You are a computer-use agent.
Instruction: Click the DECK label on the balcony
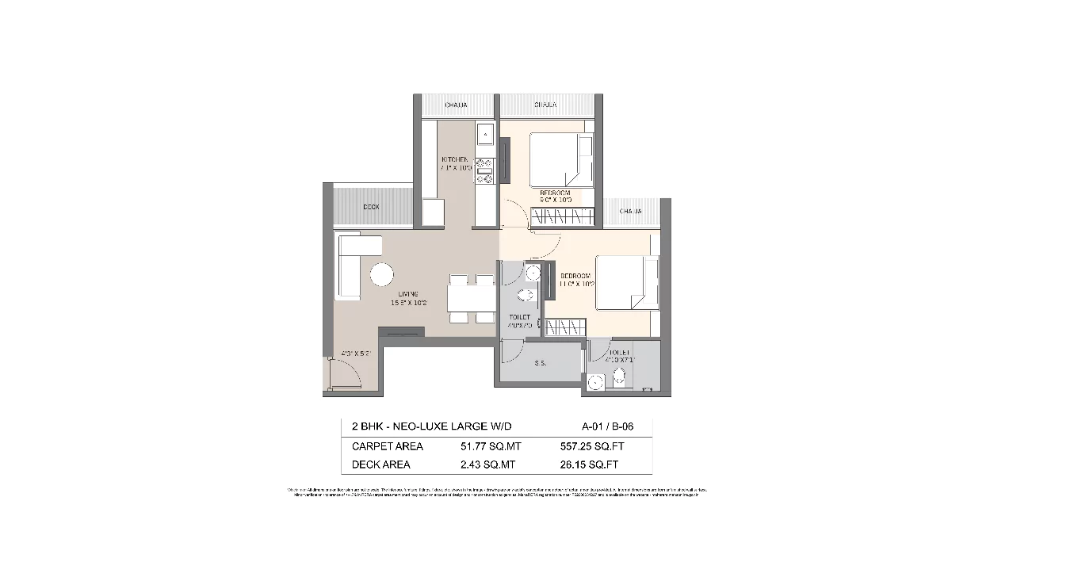371,207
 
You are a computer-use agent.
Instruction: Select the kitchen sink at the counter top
485,136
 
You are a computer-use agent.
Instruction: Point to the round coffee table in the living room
381,275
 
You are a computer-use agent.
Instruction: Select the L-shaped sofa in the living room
349,262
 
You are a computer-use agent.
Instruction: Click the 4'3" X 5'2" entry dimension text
356,354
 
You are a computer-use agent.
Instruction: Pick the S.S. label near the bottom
541,364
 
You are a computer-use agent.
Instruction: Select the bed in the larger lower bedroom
627,283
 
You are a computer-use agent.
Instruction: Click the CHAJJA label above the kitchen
456,105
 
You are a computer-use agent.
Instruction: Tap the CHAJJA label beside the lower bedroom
630,212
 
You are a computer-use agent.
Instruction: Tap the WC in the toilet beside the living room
524,297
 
